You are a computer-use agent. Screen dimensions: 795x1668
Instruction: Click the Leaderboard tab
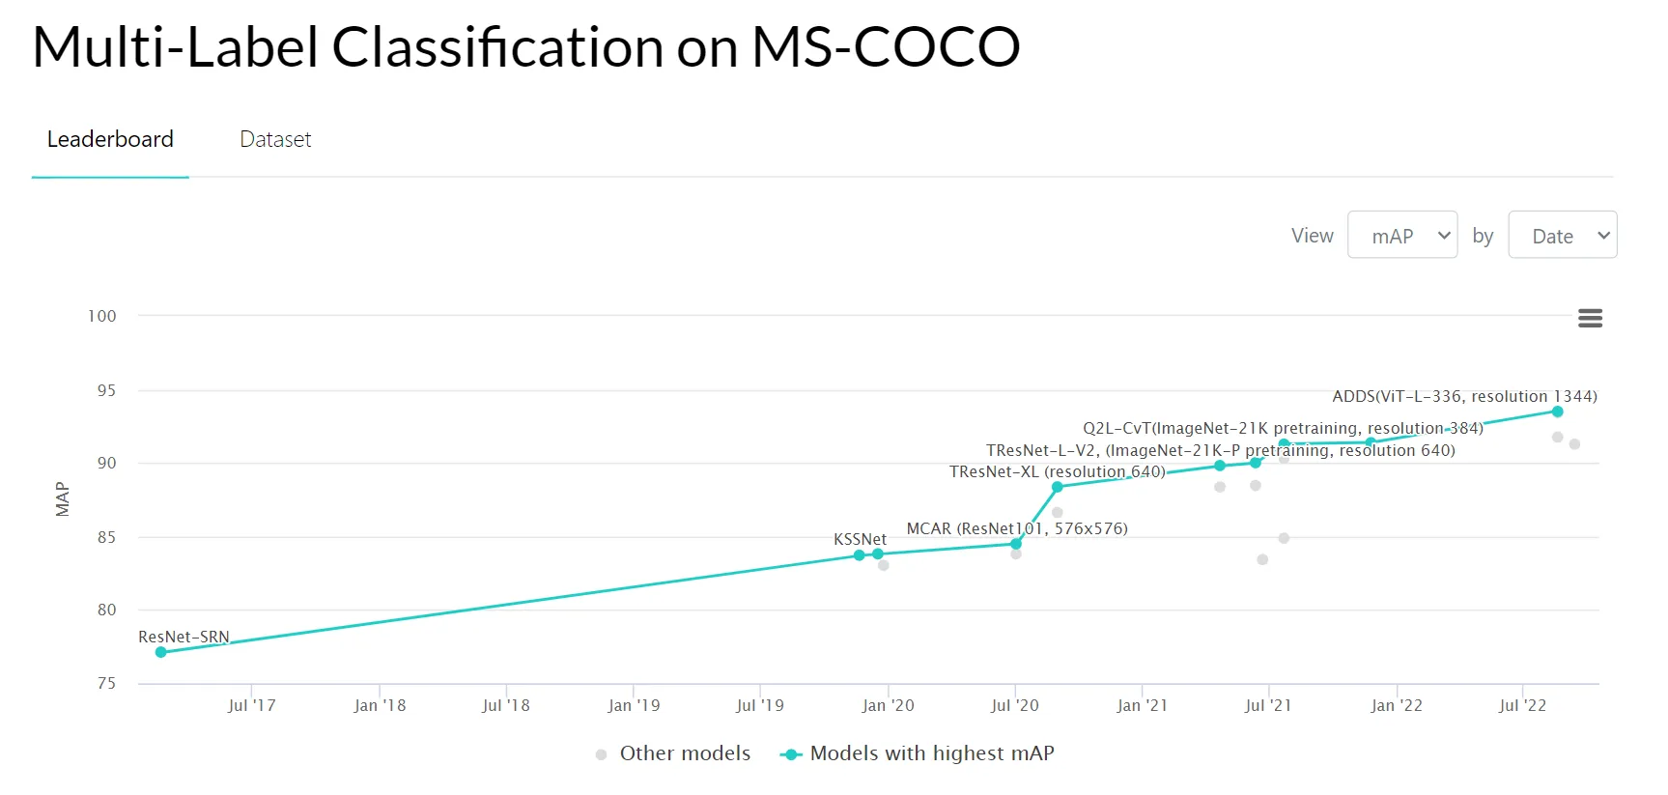110,139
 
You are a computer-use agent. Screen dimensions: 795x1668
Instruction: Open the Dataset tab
275,139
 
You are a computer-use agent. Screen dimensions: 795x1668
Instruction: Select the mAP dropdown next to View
1401,236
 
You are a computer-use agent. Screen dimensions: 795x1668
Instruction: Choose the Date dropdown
1562,236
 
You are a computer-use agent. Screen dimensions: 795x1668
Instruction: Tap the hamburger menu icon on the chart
1590,318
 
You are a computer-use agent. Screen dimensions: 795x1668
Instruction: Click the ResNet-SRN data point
161,652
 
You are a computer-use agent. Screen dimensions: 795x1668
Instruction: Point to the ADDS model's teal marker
1557,412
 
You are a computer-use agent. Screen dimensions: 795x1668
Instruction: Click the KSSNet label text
860,539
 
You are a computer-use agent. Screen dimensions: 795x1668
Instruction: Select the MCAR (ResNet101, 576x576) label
1016,528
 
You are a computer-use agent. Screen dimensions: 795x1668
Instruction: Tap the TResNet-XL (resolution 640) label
1057,471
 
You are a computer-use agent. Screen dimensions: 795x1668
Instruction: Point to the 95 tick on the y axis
106,390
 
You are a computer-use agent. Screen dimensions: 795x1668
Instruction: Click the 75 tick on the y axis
106,683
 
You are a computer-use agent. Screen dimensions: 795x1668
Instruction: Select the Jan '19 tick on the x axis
634,705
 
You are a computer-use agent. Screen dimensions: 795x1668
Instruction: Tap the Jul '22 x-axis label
1522,705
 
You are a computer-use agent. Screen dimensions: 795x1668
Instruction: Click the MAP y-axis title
63,499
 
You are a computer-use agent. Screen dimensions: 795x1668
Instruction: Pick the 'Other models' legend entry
684,753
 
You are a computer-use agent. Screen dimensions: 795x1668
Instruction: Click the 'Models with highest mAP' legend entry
931,753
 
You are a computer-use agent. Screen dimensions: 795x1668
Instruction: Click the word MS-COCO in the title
885,46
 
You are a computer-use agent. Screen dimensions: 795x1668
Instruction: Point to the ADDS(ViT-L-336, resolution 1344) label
1464,396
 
